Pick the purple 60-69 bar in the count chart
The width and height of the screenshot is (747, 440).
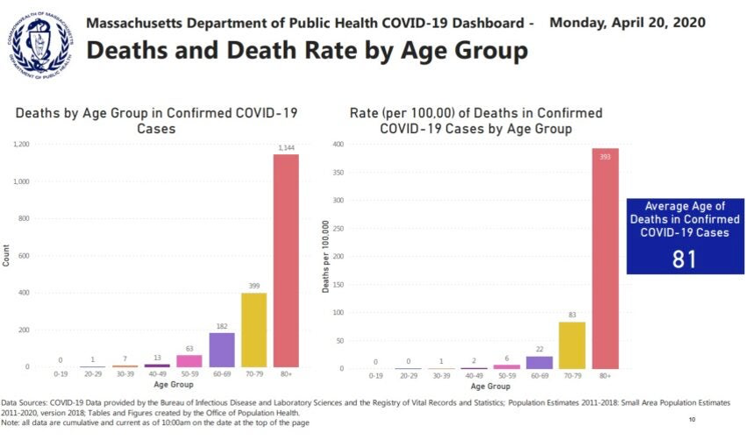[222, 350]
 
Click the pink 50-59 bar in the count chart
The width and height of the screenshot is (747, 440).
[189, 360]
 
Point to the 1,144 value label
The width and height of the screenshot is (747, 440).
[286, 147]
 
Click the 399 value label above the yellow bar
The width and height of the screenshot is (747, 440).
[254, 286]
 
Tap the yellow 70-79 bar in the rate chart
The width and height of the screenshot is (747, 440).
[573, 345]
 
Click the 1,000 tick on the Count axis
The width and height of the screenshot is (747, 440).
[21, 181]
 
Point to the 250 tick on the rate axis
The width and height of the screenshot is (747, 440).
[338, 228]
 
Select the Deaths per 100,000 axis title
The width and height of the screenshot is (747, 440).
[326, 255]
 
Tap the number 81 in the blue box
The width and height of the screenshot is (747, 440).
[685, 259]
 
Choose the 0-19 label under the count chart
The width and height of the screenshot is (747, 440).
[60, 375]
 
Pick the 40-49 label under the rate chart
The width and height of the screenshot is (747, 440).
[474, 375]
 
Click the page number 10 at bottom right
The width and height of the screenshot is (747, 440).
[692, 420]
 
